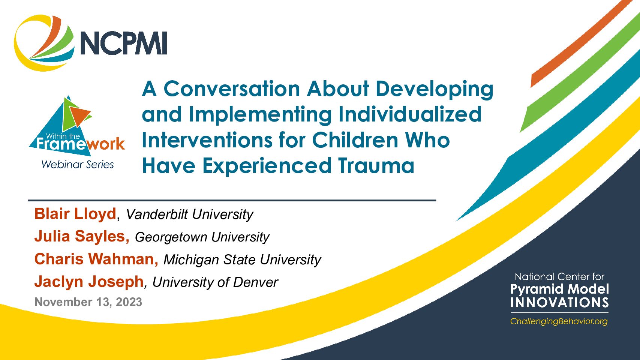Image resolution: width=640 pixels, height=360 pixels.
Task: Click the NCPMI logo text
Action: point(124,43)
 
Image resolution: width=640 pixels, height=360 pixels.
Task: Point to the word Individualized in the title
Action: point(410,114)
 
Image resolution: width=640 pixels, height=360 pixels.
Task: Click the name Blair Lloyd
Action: point(75,214)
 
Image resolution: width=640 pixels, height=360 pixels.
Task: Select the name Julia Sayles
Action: point(81,236)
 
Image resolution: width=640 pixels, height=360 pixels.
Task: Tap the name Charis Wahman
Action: point(96,259)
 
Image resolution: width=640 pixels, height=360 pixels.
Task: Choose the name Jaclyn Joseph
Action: point(89,281)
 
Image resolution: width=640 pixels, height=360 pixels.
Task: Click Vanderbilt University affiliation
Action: point(189,214)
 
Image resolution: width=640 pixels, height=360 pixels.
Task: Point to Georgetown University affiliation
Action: point(202,237)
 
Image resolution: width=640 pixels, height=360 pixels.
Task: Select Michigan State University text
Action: point(242,259)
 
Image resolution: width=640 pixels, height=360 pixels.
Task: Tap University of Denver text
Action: point(215,282)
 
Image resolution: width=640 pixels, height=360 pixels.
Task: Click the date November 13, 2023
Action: point(88,302)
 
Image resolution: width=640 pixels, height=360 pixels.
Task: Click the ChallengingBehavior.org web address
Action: point(559,321)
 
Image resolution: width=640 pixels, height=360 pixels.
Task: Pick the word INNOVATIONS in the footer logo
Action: point(559,302)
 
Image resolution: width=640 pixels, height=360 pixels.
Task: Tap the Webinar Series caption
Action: point(78,164)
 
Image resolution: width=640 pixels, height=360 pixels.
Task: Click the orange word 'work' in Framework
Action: point(106,143)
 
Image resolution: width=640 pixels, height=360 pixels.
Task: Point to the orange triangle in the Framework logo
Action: point(79,115)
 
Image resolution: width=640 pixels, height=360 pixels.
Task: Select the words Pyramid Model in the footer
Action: point(559,289)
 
